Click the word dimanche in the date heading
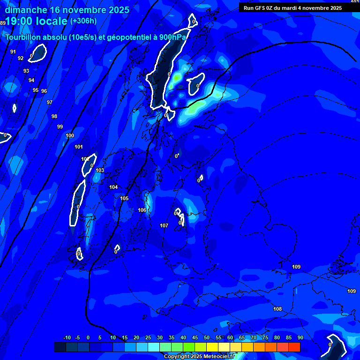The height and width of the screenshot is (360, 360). (25, 9)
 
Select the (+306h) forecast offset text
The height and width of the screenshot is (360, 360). (83, 21)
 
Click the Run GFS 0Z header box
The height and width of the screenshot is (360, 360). (293, 7)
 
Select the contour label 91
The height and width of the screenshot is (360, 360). (13, 52)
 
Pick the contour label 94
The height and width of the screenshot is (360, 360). (31, 80)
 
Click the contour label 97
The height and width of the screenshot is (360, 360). (50, 102)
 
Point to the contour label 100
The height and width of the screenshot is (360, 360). (70, 136)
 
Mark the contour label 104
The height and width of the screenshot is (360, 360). (113, 187)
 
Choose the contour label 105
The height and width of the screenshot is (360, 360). (124, 199)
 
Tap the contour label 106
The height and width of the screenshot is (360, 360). (142, 210)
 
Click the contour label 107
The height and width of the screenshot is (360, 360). (164, 226)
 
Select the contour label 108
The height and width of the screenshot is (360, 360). (277, 309)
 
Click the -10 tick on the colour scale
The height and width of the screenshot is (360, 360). (67, 337)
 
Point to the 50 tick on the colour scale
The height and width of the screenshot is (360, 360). (207, 337)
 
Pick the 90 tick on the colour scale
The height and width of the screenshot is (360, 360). (300, 337)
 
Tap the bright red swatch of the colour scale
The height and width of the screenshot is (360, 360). (294, 347)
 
